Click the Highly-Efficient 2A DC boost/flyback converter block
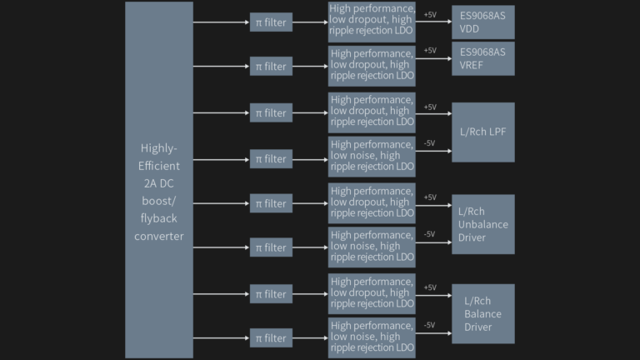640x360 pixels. point(159,180)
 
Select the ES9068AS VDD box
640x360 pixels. point(483,22)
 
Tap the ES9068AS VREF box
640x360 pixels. point(483,58)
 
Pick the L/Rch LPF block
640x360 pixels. point(483,132)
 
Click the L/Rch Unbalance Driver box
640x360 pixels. point(483,224)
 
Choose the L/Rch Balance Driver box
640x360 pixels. point(483,314)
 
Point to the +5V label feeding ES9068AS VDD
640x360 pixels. point(430,15)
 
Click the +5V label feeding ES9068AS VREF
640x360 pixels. point(430,51)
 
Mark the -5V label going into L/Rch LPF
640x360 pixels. point(429,143)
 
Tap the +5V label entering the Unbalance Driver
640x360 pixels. point(430,197)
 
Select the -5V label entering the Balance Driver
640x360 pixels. point(429,325)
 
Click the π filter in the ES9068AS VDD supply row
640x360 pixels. point(271,22)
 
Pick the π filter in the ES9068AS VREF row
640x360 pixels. point(271,66)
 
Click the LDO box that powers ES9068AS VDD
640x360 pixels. point(372,22)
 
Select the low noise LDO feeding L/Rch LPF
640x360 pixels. point(372,157)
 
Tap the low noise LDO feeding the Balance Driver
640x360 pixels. point(372,338)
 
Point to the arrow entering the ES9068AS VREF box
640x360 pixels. point(433,59)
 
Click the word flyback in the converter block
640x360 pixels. point(159,219)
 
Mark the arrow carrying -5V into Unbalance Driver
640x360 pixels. point(433,242)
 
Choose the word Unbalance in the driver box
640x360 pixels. point(483,224)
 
